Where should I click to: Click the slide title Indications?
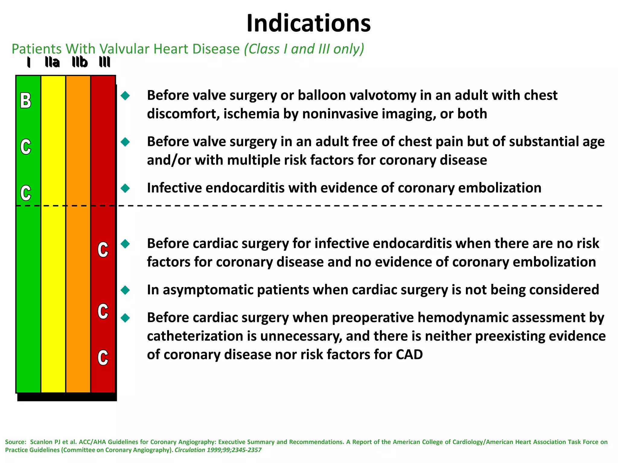point(308,24)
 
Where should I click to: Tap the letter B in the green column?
point(26,101)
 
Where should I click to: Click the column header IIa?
point(52,62)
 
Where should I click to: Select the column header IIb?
point(80,62)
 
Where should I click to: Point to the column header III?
point(105,62)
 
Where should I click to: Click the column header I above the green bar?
point(29,62)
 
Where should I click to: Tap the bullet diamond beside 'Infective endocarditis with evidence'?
point(125,188)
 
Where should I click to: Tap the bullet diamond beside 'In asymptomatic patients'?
point(125,290)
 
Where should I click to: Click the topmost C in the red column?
point(103,250)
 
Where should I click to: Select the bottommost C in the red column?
point(103,358)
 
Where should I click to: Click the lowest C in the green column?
point(26,193)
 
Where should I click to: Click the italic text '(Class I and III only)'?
point(304,49)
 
